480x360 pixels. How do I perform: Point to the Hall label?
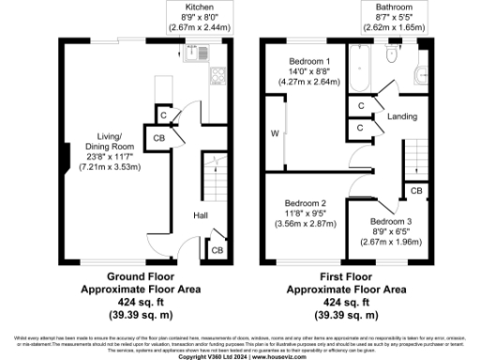(201, 216)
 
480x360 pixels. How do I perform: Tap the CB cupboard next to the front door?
(216, 249)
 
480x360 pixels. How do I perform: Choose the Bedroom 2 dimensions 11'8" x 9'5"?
(305, 214)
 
